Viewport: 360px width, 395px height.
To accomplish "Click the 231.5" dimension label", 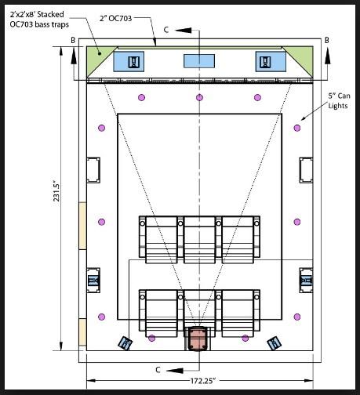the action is click(56, 193).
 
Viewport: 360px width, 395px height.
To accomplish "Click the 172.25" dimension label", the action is click(202, 381).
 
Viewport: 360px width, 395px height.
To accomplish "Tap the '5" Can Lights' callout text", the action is click(339, 100).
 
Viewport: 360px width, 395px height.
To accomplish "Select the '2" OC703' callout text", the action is click(116, 18).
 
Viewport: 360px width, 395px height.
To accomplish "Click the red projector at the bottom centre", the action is click(198, 339).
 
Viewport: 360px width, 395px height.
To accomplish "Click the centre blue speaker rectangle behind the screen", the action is click(199, 61).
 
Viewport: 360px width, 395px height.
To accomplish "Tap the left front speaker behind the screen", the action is click(129, 62).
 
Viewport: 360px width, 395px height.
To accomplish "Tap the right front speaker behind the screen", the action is click(271, 62).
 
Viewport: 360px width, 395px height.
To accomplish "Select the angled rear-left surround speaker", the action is click(125, 343).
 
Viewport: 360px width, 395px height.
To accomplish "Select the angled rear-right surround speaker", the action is click(274, 343).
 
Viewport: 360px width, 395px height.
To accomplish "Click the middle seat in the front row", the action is click(199, 240).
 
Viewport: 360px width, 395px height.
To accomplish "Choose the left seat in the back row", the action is click(158, 313).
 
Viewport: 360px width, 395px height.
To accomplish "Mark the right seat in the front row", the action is click(240, 240).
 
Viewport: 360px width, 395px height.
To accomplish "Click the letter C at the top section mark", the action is click(166, 30).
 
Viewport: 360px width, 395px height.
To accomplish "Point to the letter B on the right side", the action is click(327, 40).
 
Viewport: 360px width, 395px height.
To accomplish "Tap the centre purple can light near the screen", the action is click(199, 97).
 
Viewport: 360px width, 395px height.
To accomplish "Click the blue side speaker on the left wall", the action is click(93, 281).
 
